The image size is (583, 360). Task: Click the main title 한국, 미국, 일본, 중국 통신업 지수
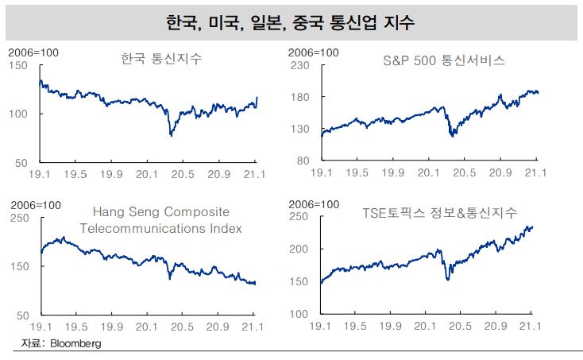291,21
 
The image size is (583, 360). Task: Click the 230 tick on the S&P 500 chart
307,65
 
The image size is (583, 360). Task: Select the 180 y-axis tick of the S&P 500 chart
307,97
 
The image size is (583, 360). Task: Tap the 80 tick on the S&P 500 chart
311,161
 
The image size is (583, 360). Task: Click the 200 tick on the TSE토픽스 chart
307,249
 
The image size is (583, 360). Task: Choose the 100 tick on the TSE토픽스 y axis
307,314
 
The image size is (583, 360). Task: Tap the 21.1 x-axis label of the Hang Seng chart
255,326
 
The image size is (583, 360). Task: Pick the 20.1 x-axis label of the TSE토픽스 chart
429,326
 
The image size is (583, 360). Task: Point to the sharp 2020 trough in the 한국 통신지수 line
172,136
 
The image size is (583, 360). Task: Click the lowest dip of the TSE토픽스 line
449,279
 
